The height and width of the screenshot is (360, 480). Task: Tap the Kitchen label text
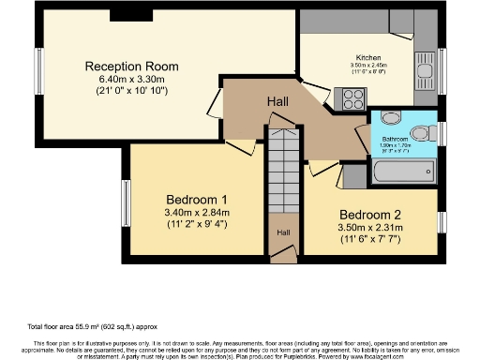tap(367, 56)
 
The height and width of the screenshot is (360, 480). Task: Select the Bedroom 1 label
tap(197, 200)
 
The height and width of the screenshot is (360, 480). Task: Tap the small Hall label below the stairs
tap(282, 232)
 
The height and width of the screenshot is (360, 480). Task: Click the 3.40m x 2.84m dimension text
tap(197, 213)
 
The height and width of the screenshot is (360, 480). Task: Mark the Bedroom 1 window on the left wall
tap(125, 202)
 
